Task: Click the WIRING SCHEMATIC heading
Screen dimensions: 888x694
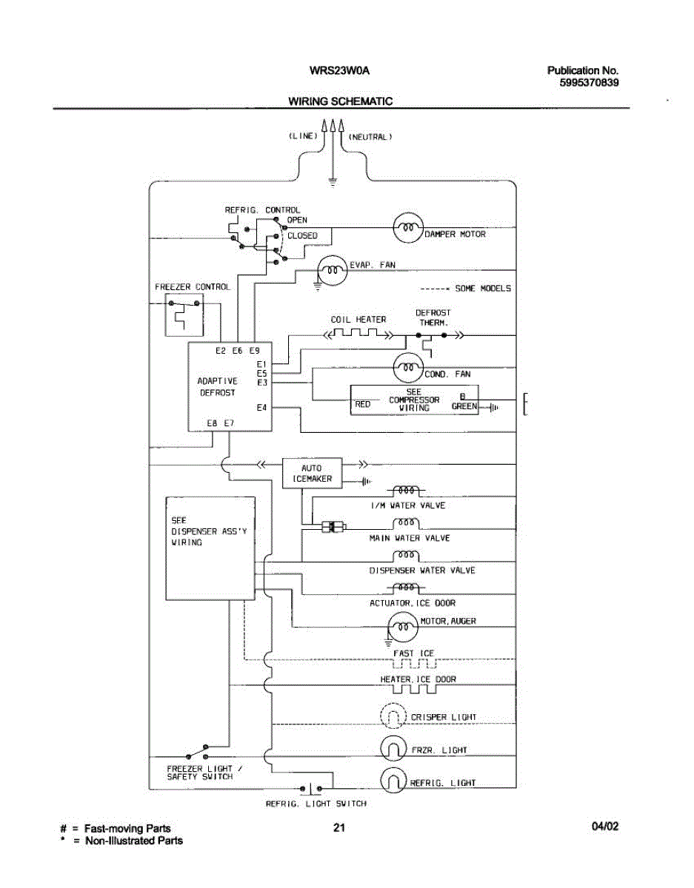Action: click(340, 101)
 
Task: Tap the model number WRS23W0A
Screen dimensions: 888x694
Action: click(339, 71)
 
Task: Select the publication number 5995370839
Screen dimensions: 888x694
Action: click(590, 83)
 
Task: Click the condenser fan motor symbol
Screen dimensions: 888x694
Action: click(407, 366)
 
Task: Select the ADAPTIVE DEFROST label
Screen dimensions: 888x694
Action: click(217, 387)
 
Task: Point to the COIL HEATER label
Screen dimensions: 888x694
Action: click(358, 320)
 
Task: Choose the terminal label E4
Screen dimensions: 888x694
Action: click(261, 408)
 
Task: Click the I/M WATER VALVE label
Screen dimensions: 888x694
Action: click(408, 505)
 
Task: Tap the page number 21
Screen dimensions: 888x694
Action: click(339, 828)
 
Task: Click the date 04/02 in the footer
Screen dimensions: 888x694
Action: click(604, 827)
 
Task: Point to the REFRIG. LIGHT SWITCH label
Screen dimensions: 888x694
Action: click(316, 803)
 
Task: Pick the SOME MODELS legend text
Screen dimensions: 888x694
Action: click(482, 289)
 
